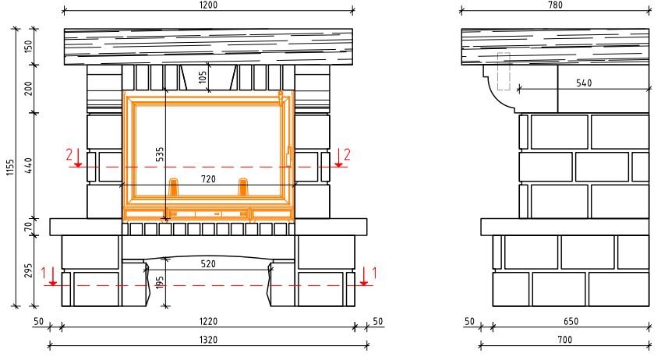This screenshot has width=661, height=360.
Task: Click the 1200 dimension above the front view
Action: (208, 5)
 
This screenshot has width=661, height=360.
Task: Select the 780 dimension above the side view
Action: (555, 5)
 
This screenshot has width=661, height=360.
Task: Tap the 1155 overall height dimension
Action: (11, 167)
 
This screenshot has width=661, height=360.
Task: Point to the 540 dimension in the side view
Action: (584, 83)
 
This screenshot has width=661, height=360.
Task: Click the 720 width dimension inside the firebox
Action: (208, 179)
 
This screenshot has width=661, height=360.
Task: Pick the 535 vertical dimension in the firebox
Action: (160, 154)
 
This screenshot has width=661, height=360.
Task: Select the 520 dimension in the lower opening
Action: (208, 264)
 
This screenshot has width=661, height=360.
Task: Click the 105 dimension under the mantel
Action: (203, 76)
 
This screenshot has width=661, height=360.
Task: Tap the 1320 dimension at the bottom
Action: (208, 340)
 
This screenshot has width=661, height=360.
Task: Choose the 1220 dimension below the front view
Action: (208, 322)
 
